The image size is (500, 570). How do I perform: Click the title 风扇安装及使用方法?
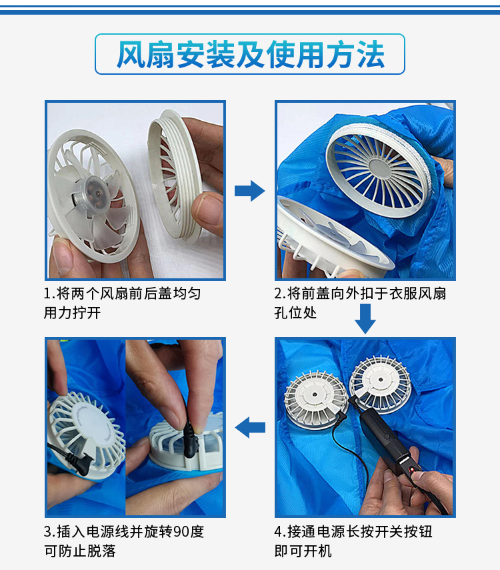pos(250,54)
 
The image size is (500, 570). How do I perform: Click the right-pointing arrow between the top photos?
pos(249,191)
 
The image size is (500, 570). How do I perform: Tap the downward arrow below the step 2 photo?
pos(365,318)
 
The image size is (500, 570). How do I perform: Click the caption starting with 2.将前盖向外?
pos(360,302)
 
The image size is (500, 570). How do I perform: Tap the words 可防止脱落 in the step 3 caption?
pos(83,551)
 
